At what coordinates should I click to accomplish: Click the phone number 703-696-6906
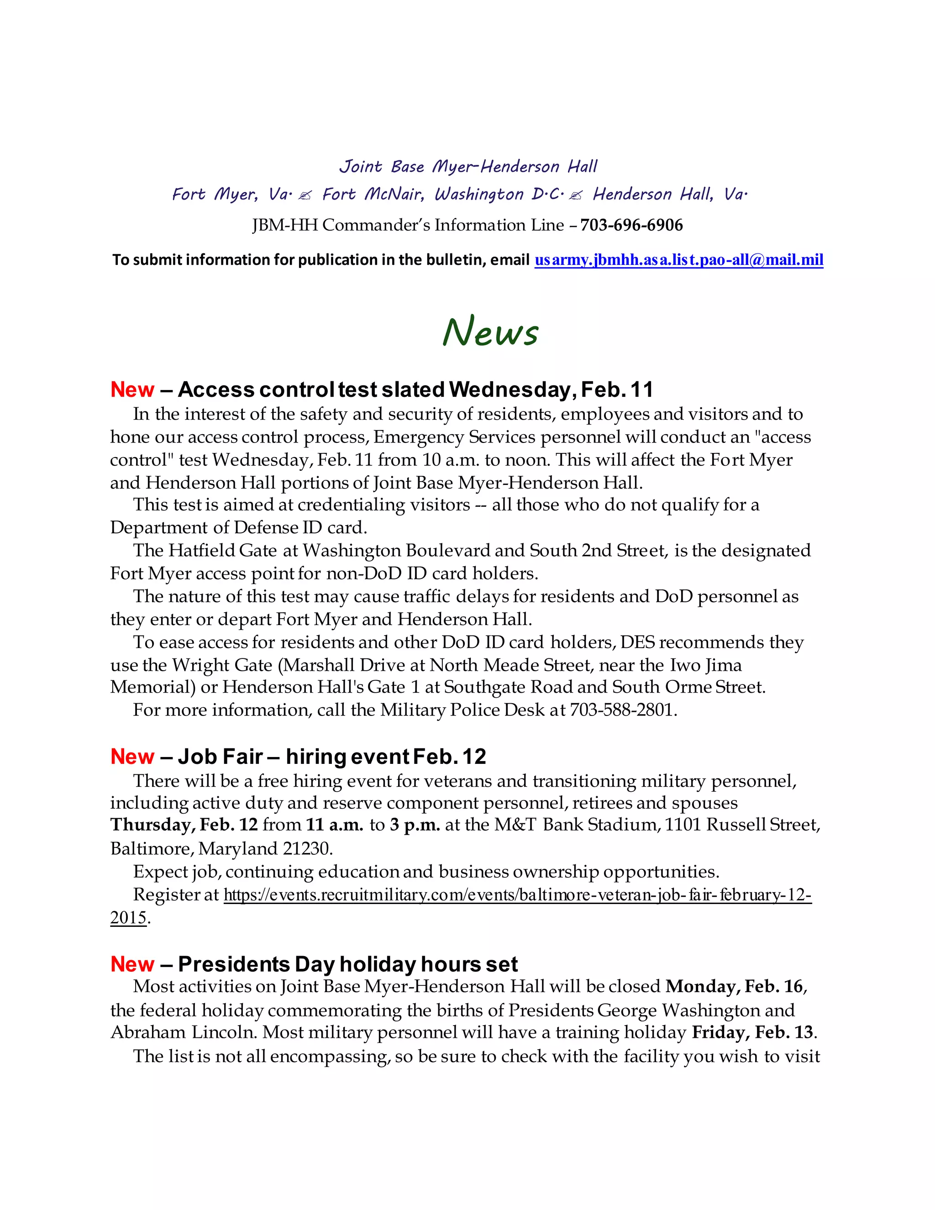631,225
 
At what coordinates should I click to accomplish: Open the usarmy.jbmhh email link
678,260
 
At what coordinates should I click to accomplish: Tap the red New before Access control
132,389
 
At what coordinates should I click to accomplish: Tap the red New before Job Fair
132,756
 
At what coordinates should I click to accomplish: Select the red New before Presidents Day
132,964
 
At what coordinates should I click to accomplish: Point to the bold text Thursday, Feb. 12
184,825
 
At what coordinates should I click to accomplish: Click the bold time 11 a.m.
334,825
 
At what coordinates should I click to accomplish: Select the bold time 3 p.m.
415,825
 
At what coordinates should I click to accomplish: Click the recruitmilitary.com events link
517,895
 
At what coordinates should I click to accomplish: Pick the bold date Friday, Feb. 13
753,1033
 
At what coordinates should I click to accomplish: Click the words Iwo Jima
706,665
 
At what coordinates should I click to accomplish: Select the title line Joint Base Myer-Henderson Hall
468,167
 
